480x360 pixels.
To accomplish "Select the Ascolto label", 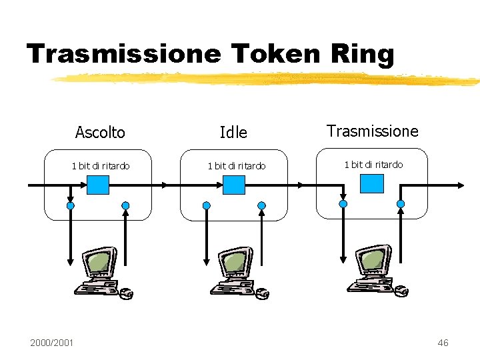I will (100, 133).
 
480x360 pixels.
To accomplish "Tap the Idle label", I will (233, 133).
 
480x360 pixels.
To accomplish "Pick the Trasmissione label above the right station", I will (373, 131).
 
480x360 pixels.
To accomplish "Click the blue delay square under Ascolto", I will (99, 184).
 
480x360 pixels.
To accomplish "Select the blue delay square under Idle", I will (233, 185).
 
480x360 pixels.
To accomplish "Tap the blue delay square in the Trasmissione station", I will (372, 183).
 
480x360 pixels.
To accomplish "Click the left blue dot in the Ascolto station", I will (71, 205).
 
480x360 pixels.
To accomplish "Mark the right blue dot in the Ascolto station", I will (125, 205).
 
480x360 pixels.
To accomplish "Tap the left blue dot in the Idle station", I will (207, 205).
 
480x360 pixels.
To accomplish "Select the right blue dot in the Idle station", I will (262, 205).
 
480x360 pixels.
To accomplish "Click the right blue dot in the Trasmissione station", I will (401, 204).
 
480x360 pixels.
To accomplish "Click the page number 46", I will (443, 343).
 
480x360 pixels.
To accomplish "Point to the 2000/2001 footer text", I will (52, 343).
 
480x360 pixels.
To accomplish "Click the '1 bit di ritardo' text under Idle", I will (237, 165).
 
